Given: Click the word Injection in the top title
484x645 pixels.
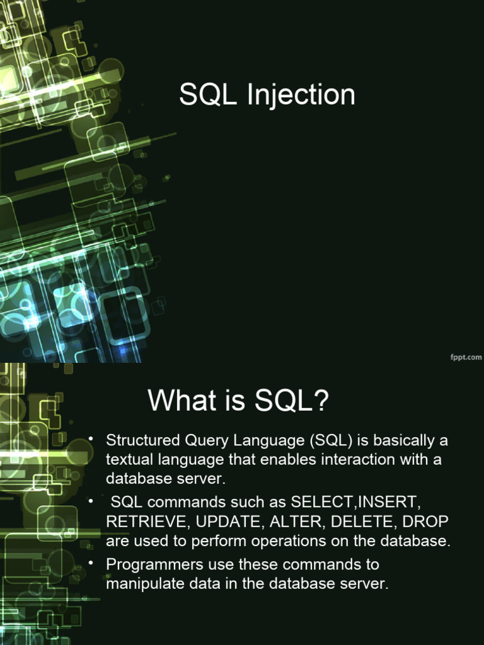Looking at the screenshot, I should click(301, 95).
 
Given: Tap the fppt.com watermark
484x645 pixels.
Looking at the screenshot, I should click(466, 357).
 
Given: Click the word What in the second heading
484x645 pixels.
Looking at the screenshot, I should click(178, 401).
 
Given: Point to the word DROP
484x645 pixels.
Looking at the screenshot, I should click(425, 522).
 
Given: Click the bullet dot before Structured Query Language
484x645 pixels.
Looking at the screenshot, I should click(91, 438).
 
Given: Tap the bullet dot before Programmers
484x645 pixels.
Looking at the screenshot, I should click(91, 562).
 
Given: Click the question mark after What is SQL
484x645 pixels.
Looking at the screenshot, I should click(321, 401).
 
